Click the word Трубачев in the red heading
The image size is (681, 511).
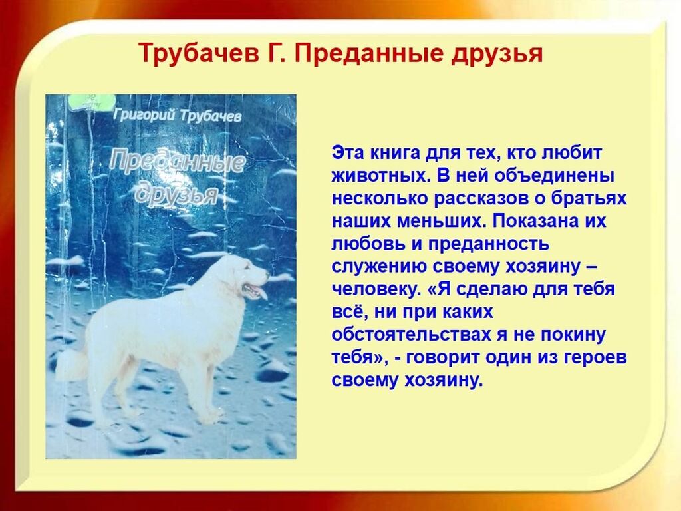pyautogui.click(x=200, y=53)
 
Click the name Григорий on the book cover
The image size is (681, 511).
pyautogui.click(x=144, y=114)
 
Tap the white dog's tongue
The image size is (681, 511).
pyautogui.click(x=261, y=293)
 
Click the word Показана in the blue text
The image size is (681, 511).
pyautogui.click(x=533, y=221)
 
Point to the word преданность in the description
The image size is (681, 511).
pyautogui.click(x=489, y=244)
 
